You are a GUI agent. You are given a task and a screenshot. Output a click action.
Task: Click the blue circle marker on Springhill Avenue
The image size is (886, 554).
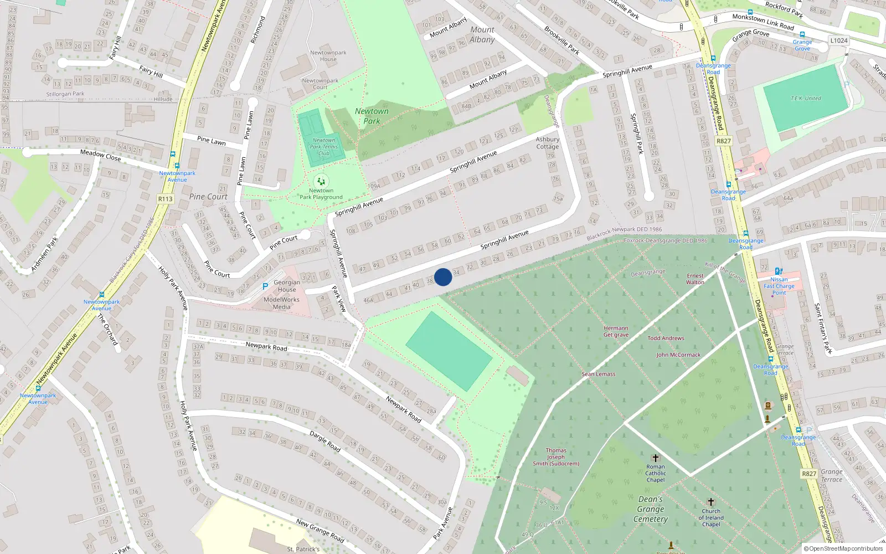(443, 277)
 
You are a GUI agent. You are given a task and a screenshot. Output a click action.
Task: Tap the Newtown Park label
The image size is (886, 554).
(372, 116)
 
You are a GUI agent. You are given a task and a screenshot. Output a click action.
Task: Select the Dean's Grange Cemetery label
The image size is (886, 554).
(651, 509)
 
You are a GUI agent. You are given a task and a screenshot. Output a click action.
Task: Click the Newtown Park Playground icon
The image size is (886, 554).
(321, 181)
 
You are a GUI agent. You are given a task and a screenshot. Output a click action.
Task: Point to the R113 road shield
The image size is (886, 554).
(165, 199)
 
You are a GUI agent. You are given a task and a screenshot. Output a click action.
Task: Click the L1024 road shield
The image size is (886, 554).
(839, 40)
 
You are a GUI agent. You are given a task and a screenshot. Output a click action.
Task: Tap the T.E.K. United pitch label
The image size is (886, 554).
(806, 98)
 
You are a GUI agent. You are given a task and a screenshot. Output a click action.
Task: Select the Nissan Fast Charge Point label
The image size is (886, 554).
(779, 286)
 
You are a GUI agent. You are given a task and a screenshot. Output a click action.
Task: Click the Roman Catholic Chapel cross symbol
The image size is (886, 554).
(656, 458)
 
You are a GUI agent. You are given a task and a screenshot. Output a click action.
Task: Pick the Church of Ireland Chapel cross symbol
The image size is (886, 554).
(711, 502)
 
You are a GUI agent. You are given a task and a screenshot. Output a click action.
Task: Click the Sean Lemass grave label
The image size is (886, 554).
(599, 374)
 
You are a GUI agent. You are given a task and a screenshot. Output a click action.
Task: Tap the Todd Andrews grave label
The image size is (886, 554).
(666, 338)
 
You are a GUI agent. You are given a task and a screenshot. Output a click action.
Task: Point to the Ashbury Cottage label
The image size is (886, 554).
(548, 143)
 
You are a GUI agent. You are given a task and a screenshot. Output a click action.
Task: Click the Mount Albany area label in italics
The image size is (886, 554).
(482, 34)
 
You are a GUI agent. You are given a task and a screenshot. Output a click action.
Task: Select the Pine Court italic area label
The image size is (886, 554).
(208, 197)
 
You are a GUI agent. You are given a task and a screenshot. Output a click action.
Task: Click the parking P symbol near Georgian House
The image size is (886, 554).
(265, 286)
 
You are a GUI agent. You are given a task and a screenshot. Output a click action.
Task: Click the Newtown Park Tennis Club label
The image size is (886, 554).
(324, 147)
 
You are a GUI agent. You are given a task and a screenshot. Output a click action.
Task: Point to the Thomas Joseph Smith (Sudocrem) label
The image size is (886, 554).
(556, 457)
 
